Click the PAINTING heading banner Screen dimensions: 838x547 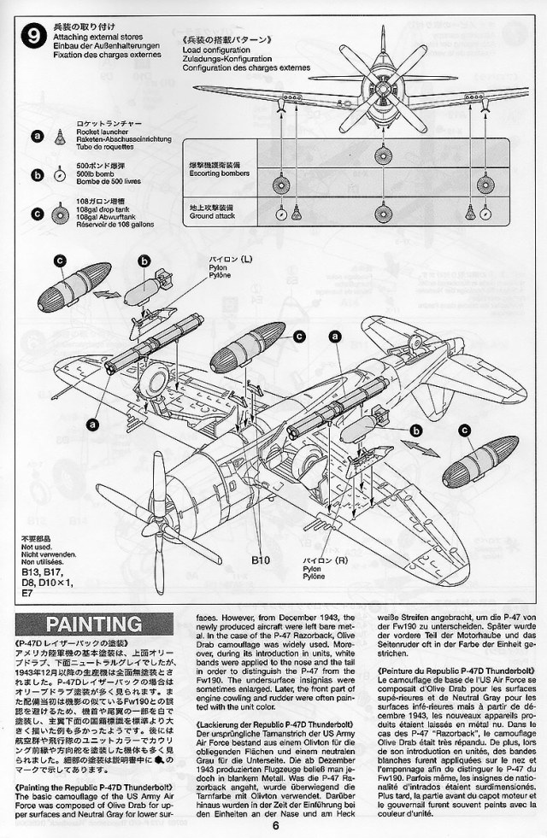pos(83,624)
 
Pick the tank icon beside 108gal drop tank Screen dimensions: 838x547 pos(60,210)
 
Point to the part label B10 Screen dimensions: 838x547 pos(262,560)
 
